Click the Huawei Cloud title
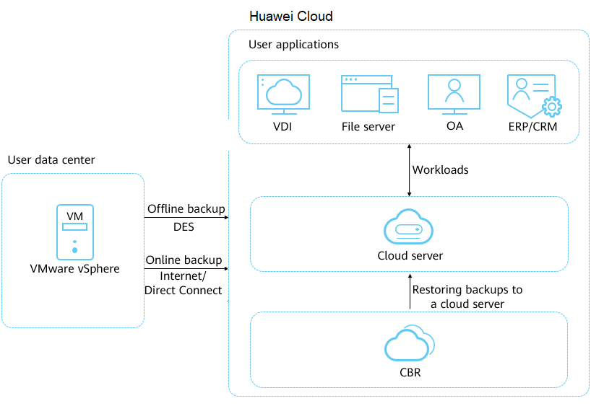290,16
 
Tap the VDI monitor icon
283,94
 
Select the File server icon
369,94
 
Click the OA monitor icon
454,94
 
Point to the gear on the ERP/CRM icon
551,107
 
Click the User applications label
293,45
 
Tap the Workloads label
440,170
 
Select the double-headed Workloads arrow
410,170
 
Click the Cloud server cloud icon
409,227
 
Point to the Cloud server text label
410,255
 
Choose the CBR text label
410,373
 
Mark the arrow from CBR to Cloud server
410,291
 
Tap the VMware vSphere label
74,269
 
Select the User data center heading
51,159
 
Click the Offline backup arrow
186,217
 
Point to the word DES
184,226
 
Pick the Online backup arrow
186,269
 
